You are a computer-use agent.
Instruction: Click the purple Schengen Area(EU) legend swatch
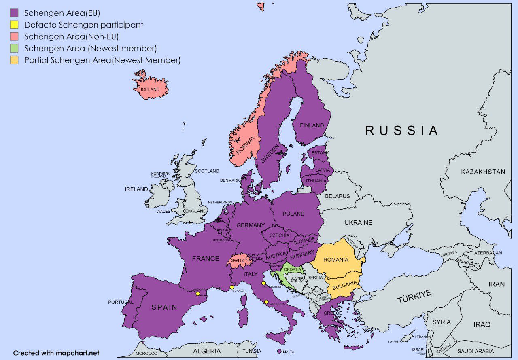coord(14,13)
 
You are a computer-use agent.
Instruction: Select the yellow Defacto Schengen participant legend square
coord(14,25)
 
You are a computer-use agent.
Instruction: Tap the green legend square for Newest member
coord(14,49)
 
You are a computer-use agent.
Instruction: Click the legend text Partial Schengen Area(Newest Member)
coord(102,60)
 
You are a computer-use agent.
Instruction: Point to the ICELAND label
coord(150,89)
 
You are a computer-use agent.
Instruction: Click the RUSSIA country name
coord(401,130)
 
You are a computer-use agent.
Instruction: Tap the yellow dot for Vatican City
coord(266,302)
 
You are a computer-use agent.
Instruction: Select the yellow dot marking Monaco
coord(231,287)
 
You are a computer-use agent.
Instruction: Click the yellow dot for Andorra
coord(197,294)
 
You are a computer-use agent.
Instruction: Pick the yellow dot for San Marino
coord(263,283)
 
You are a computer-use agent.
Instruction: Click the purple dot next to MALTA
coord(279,352)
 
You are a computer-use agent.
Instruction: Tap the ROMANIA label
coord(335,260)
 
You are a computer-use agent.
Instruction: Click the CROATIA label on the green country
coord(292,269)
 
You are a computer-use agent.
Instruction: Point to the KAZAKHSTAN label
coord(483,172)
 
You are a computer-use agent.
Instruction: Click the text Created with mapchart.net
coord(56,353)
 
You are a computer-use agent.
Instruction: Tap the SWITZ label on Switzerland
coord(238,261)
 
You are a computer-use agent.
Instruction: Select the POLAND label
coord(293,214)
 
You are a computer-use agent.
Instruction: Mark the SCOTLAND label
coord(207,171)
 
